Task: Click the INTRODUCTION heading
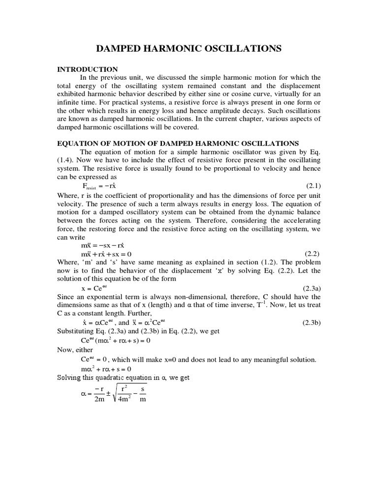click(x=88, y=69)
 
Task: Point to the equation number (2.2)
click(x=312, y=254)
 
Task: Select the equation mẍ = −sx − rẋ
click(x=106, y=245)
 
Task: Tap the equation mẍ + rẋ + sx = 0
click(x=106, y=254)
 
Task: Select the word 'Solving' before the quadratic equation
click(x=69, y=378)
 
